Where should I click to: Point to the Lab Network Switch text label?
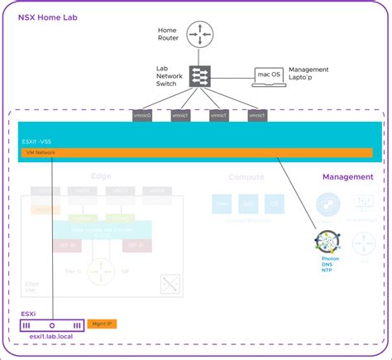pos(169,76)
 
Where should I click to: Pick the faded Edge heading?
pos(101,176)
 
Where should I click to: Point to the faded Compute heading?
pos(246,176)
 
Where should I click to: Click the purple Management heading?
pos(347,176)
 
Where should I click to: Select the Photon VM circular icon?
pos(330,242)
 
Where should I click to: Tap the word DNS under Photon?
pos(330,265)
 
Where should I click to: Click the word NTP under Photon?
pos(330,271)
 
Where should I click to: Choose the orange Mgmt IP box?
pos(103,324)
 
